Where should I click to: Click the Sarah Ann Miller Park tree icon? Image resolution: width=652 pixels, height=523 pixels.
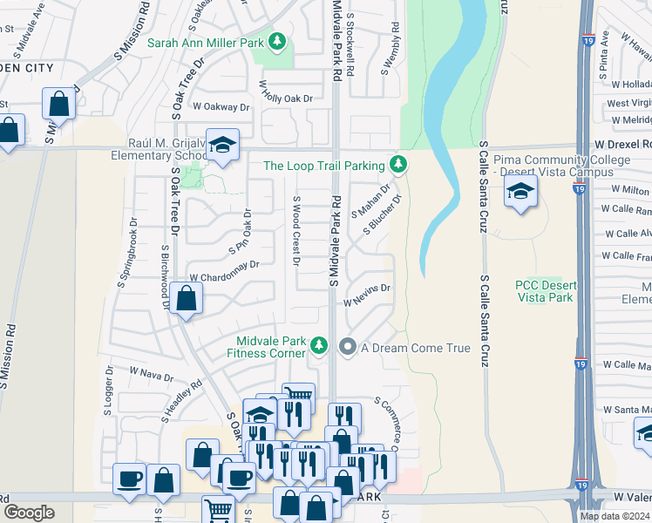(276, 42)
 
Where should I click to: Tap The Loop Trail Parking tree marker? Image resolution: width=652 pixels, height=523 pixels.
(398, 164)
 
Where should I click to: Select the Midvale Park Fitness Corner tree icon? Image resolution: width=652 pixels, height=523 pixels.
(320, 346)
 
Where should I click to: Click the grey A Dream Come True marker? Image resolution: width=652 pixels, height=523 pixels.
(348, 347)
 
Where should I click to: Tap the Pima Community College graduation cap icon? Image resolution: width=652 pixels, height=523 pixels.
(520, 191)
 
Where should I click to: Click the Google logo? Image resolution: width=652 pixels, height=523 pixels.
(29, 512)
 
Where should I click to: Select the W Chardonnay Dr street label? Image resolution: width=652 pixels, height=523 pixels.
(225, 270)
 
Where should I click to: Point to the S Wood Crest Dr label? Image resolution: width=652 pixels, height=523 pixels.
(295, 231)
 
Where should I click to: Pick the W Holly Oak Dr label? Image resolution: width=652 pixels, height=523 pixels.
(285, 92)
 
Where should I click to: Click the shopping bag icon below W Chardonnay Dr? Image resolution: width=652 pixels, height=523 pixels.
(187, 299)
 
